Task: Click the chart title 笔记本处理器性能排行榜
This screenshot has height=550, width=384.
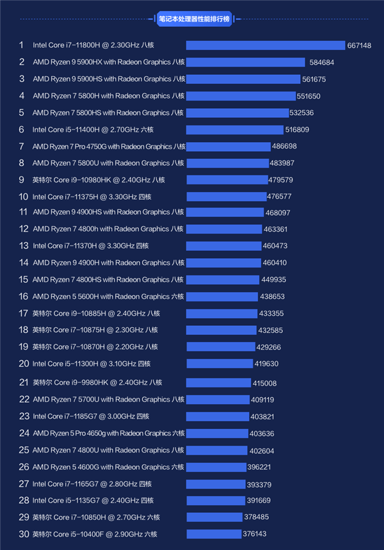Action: click(x=191, y=19)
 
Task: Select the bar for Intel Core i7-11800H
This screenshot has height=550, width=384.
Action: click(x=265, y=45)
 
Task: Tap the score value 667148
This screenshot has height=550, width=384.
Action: click(x=359, y=45)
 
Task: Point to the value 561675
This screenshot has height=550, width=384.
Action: click(x=314, y=79)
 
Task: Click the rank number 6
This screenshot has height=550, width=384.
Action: click(x=21, y=129)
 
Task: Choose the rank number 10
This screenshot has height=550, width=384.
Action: click(x=23, y=197)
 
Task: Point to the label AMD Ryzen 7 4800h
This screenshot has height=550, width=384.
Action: click(x=108, y=229)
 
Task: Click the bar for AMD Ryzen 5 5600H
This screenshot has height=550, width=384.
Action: click(x=222, y=296)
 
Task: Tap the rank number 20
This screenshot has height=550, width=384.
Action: click(x=24, y=364)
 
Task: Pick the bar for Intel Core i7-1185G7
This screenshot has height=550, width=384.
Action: click(x=217, y=416)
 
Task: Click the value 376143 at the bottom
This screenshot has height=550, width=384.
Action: click(x=254, y=534)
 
